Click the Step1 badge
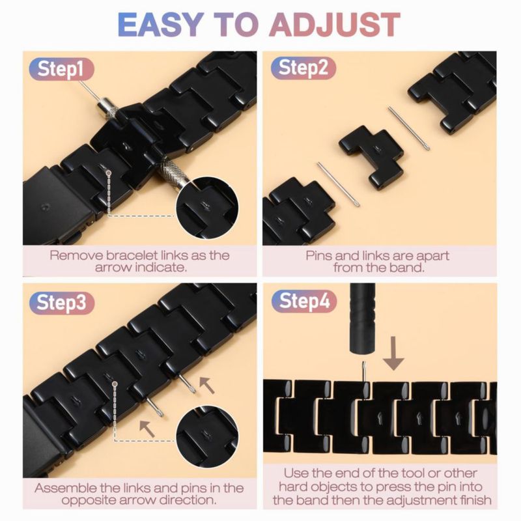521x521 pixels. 61,70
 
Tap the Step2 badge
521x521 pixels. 303,68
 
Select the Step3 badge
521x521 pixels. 61,303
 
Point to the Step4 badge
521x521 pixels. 304,302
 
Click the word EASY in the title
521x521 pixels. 160,24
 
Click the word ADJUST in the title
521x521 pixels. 335,24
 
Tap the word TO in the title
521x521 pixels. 236,24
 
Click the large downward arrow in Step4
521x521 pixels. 393,353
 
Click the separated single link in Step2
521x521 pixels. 371,156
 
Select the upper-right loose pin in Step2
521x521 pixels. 409,128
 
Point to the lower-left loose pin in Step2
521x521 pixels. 338,184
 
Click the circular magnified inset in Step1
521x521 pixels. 206,208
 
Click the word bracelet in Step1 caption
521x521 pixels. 132,255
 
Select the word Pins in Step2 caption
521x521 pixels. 318,255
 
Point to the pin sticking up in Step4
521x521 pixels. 364,371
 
